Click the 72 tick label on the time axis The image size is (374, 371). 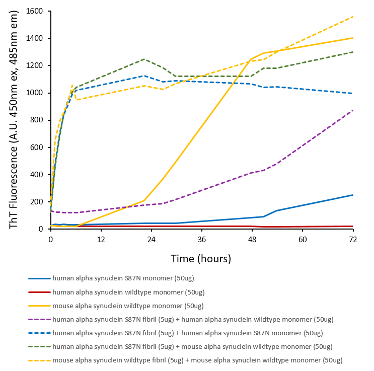352,239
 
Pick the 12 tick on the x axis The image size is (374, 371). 101,239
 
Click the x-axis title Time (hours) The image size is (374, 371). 201,259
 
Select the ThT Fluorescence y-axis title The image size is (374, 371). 14,120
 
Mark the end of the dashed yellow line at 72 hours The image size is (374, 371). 353,17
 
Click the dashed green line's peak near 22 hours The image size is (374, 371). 144,59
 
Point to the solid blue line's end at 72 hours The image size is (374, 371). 353,195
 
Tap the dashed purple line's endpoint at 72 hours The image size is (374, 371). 353,110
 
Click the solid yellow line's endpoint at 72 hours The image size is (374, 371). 353,38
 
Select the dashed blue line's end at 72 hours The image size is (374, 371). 353,93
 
